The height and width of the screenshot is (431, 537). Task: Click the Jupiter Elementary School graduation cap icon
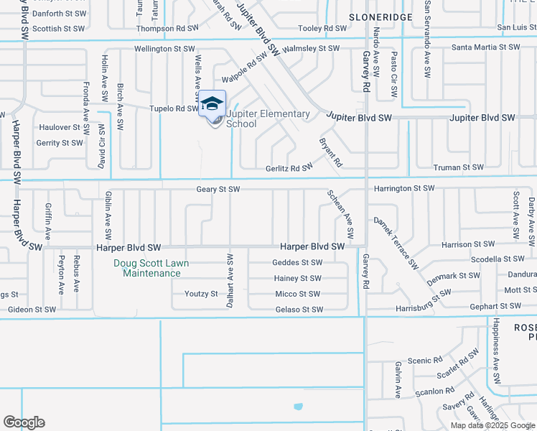(x=212, y=105)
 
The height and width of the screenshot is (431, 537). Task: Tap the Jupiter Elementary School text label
(x=268, y=119)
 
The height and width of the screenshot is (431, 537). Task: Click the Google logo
(x=24, y=422)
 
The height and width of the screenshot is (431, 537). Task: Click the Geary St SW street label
(x=218, y=190)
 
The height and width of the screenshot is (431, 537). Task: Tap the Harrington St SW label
(x=403, y=188)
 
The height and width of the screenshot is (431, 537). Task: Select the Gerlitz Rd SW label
(x=289, y=167)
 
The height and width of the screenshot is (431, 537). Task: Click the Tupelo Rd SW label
(x=173, y=108)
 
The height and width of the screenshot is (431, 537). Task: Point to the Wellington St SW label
(x=164, y=49)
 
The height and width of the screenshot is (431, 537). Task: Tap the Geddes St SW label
(x=297, y=263)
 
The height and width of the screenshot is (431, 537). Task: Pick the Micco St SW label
(x=297, y=295)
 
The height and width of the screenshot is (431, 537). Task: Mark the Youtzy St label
(x=201, y=294)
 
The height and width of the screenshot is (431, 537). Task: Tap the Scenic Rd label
(x=424, y=361)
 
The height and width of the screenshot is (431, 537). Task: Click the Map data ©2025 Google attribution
(x=492, y=425)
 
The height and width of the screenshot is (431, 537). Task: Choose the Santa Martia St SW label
(x=485, y=47)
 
